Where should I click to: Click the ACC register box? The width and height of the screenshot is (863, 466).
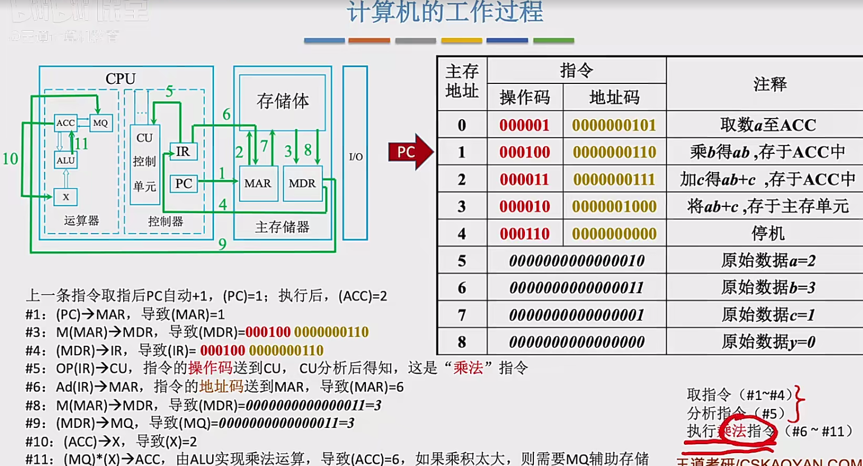pyautogui.click(x=65, y=123)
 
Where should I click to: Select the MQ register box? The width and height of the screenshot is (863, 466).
pyautogui.click(x=101, y=123)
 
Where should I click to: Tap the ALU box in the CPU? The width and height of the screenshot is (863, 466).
pyautogui.click(x=65, y=161)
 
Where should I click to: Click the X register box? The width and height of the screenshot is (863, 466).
pyautogui.click(x=66, y=197)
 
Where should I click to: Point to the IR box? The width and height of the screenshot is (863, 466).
pyautogui.click(x=183, y=152)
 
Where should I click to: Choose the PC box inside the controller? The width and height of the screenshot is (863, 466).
pyautogui.click(x=184, y=183)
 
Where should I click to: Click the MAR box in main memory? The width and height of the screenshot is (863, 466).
pyautogui.click(x=258, y=183)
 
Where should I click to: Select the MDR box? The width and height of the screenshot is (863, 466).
pyautogui.click(x=302, y=183)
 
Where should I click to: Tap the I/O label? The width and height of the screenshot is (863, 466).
pyautogui.click(x=356, y=157)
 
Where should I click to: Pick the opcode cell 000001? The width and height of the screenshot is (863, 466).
pyautogui.click(x=524, y=125)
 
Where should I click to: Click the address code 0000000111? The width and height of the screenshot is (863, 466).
pyautogui.click(x=614, y=179)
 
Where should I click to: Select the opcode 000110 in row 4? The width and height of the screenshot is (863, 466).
pyautogui.click(x=524, y=233)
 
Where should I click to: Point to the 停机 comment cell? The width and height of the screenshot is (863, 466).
pyautogui.click(x=768, y=233)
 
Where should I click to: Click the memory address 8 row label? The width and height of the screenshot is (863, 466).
pyautogui.click(x=462, y=341)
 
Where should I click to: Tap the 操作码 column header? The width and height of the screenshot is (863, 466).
pyautogui.click(x=524, y=97)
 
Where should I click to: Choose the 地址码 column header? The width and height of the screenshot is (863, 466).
pyautogui.click(x=614, y=97)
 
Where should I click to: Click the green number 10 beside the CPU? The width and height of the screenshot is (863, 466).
pyautogui.click(x=10, y=159)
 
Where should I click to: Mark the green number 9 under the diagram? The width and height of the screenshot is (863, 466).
pyautogui.click(x=222, y=244)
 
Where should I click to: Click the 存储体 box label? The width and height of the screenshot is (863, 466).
pyautogui.click(x=283, y=101)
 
